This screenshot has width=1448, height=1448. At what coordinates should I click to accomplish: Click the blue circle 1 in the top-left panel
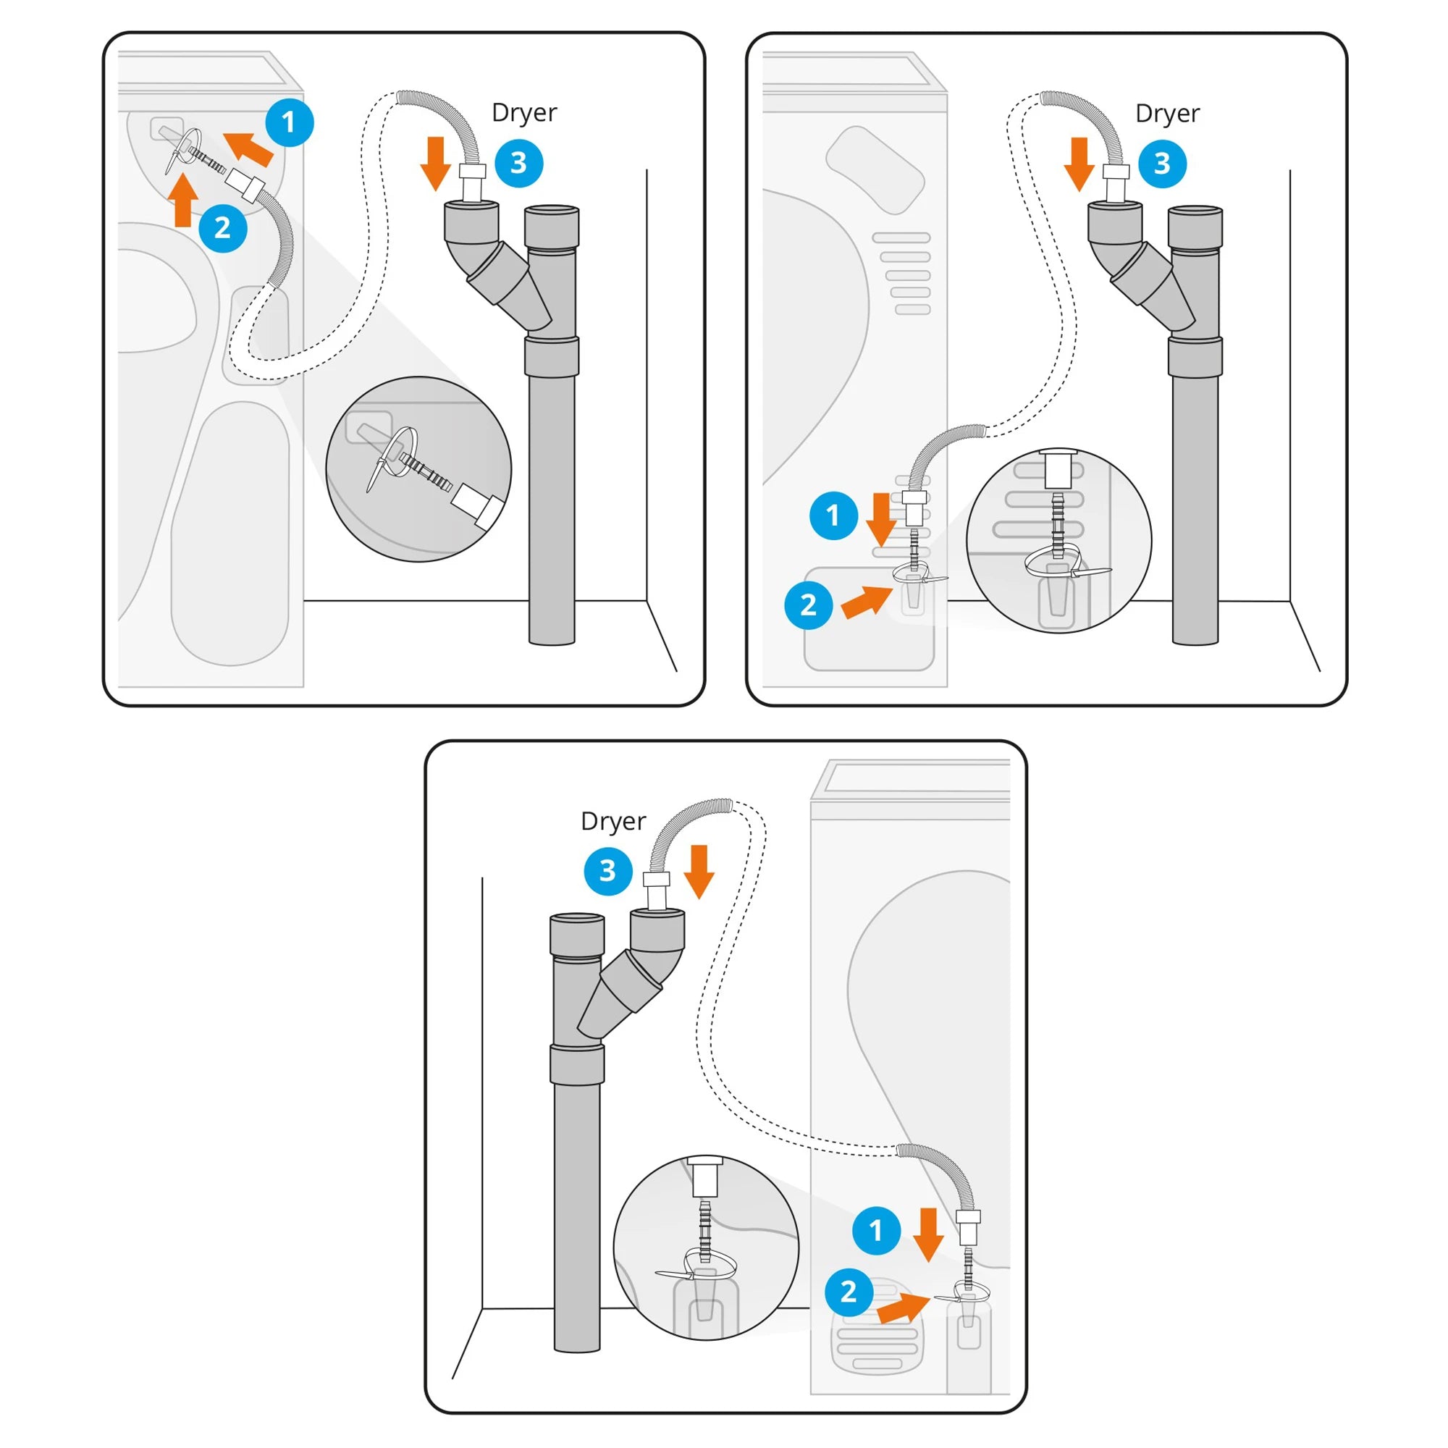point(290,122)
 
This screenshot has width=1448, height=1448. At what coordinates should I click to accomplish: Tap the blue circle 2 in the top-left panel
point(222,228)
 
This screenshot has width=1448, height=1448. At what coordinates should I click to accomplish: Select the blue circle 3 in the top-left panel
point(518,164)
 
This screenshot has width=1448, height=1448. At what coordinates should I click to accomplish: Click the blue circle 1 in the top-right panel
point(833,515)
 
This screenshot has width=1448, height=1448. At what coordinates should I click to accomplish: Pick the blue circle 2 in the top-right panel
point(808,605)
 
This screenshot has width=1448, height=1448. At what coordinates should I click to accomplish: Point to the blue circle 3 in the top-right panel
point(1162,164)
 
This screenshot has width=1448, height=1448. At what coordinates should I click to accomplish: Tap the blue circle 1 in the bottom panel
point(876,1231)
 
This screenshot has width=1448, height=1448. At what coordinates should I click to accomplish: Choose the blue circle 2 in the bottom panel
point(849,1292)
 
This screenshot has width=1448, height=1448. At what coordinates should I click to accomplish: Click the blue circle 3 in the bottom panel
point(608,871)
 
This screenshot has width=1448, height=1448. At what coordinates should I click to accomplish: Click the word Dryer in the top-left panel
point(524,113)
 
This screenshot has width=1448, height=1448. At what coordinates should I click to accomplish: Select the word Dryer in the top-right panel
point(1167,113)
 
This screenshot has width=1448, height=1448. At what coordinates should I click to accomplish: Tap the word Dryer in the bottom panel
point(613,822)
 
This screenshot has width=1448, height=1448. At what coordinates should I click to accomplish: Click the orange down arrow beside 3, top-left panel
point(435,164)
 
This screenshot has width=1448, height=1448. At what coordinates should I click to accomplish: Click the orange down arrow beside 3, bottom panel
point(699,871)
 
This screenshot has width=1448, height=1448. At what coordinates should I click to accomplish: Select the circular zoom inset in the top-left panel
point(418,470)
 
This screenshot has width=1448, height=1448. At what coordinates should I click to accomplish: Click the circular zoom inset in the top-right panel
point(1058,540)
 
